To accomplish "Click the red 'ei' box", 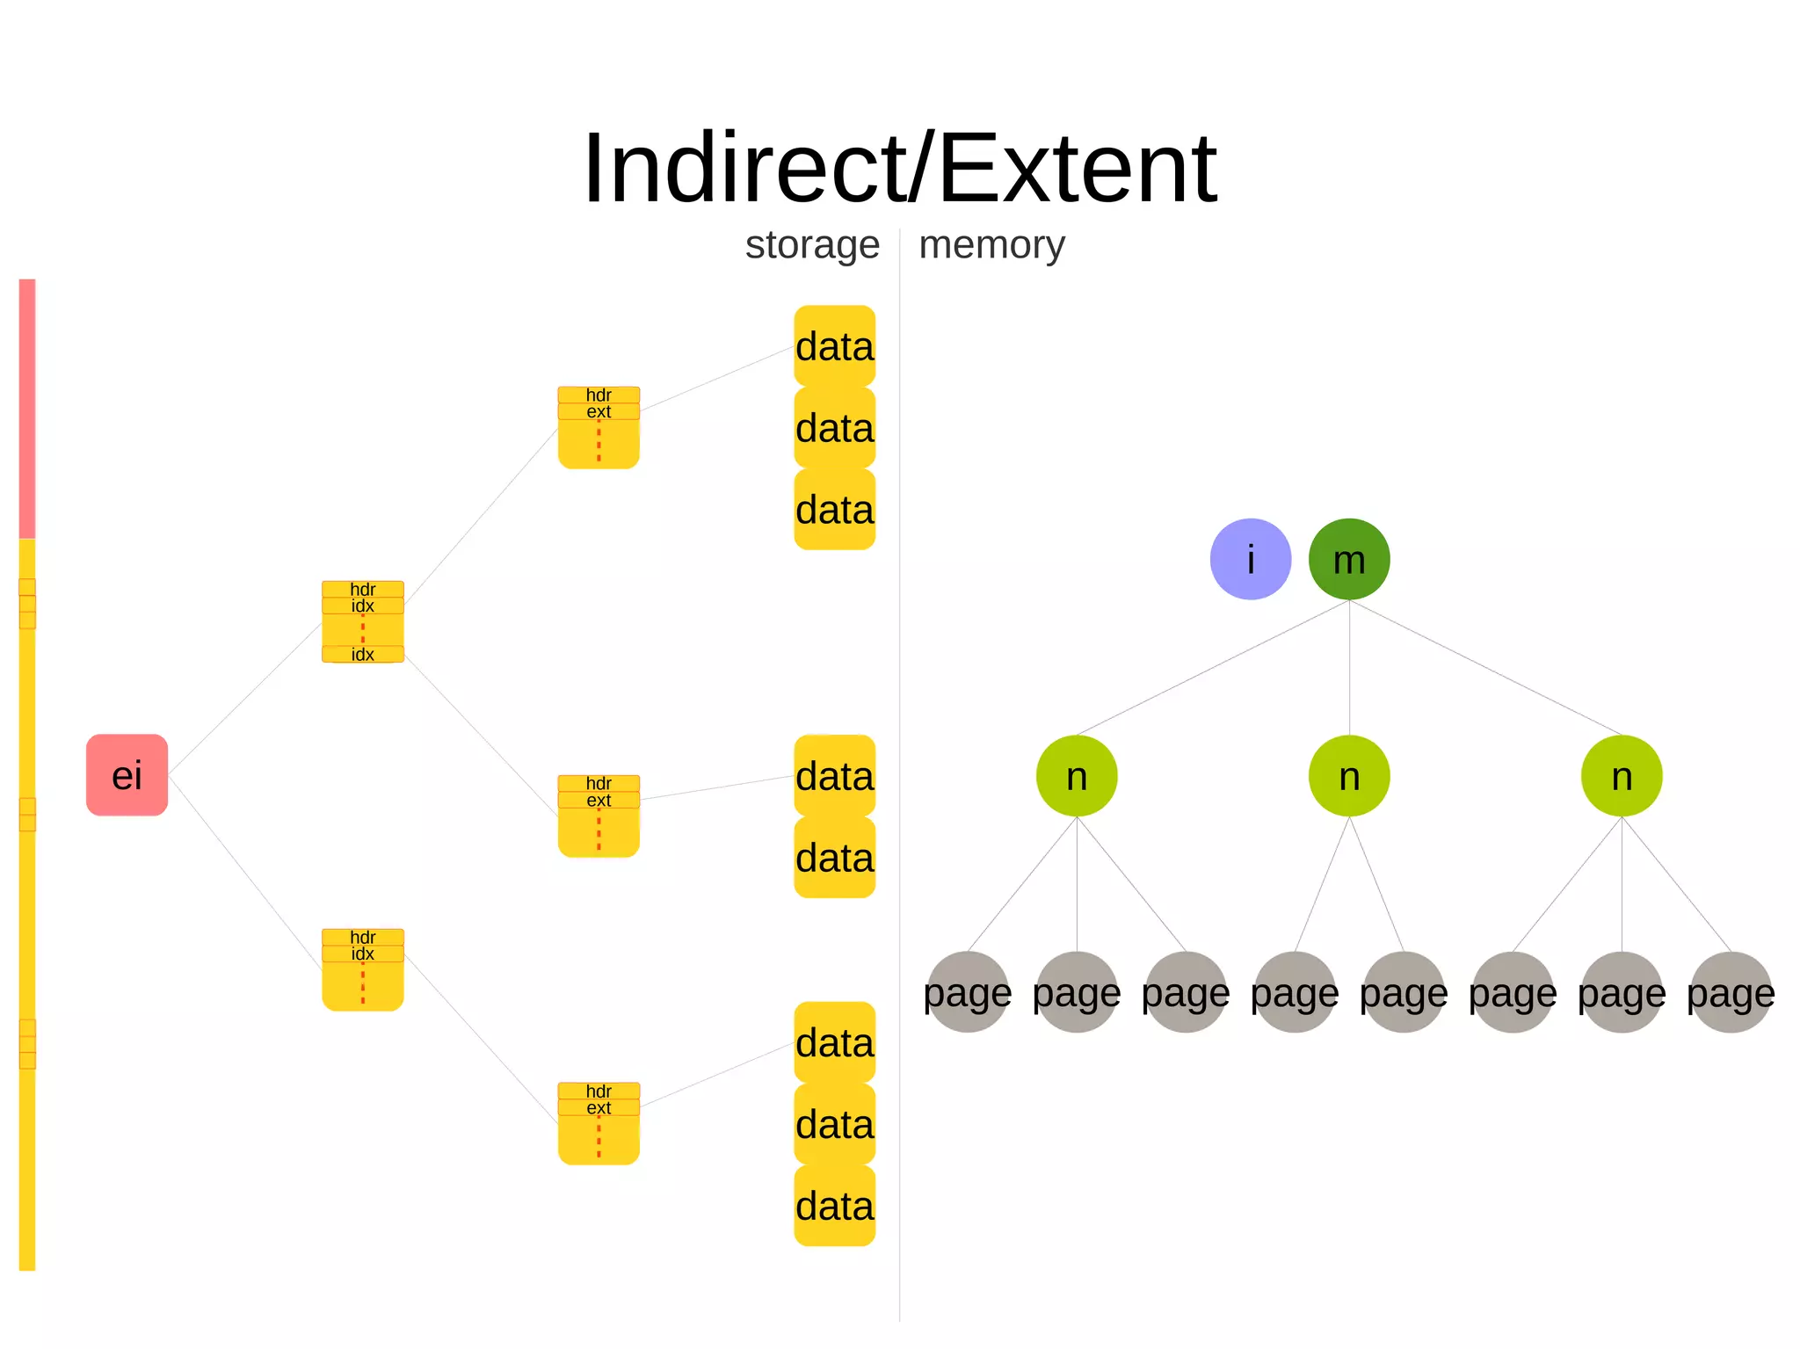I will click(x=127, y=775).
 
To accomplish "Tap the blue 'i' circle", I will click(x=1250, y=559).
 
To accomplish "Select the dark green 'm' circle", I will click(x=1349, y=559).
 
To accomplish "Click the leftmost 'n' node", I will click(x=1077, y=776).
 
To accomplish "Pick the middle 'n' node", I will click(x=1349, y=776).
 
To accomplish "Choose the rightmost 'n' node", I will click(x=1622, y=776).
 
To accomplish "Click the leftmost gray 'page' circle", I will click(x=968, y=992).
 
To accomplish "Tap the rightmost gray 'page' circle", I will click(x=1731, y=992).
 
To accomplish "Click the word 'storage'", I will click(x=812, y=245).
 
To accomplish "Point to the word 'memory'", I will click(x=991, y=245).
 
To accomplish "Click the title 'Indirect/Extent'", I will click(x=899, y=168).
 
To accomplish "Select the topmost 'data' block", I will click(x=834, y=346).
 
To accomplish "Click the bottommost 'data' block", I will click(x=834, y=1206).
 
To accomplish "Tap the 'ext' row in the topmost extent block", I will click(x=599, y=411).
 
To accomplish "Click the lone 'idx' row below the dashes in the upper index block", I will click(x=363, y=654).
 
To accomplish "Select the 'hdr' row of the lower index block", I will click(x=363, y=937).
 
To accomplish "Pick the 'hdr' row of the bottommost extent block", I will click(x=599, y=1091).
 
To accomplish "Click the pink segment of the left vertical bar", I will click(x=27, y=409).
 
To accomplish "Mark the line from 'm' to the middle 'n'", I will click(x=1349, y=668).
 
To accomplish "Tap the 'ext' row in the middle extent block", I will click(x=599, y=800).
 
